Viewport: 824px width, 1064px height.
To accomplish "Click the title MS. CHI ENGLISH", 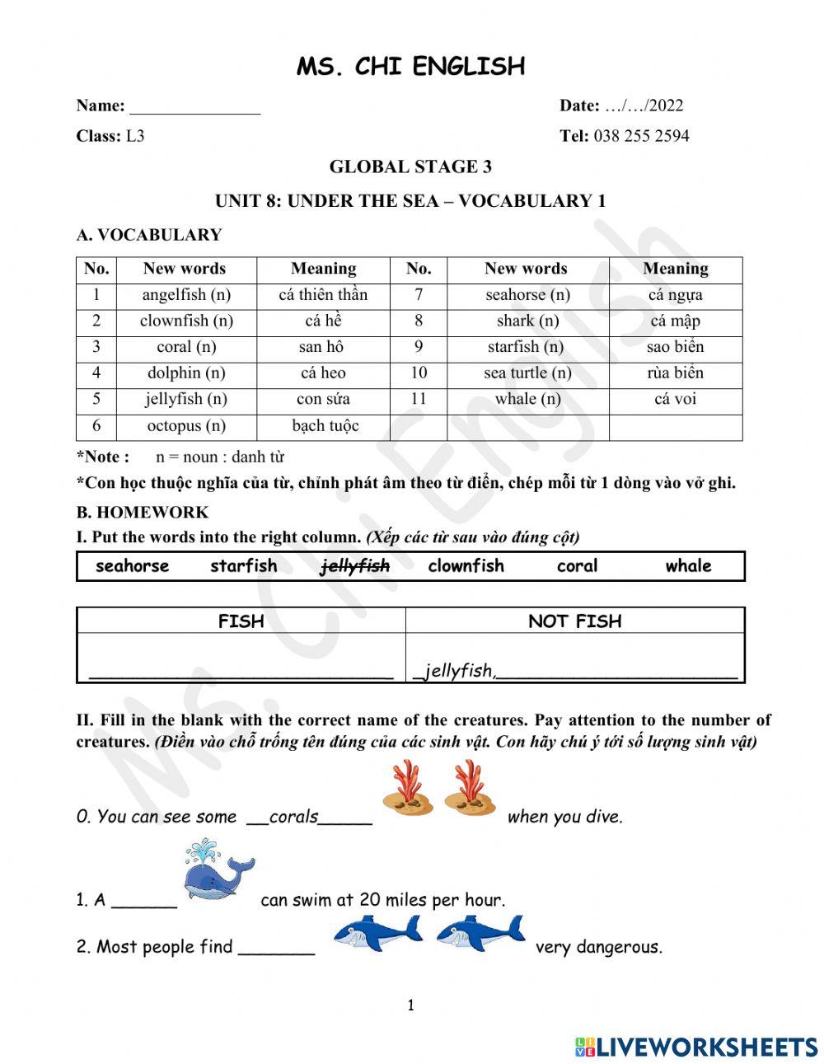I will point(410,66).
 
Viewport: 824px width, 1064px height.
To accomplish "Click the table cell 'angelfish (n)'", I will point(186,295).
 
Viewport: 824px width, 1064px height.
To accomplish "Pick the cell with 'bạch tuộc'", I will point(323,426).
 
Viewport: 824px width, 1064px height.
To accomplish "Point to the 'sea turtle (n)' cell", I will point(527,373).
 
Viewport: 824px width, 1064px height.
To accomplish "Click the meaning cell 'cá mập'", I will point(675,321).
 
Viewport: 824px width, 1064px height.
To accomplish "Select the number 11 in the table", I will point(419,399).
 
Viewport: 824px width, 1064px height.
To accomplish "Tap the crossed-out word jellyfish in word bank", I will point(355,566).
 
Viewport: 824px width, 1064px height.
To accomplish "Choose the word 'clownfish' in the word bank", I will point(466,566).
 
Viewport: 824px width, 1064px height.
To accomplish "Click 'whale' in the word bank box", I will point(688,566).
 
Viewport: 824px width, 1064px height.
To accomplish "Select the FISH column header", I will point(241,621).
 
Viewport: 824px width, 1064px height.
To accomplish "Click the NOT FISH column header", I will point(574,621).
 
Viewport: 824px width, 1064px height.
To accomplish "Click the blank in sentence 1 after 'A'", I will point(144,902).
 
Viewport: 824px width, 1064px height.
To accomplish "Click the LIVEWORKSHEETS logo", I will point(696,1047).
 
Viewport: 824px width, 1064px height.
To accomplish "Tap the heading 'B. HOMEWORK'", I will point(143,512).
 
